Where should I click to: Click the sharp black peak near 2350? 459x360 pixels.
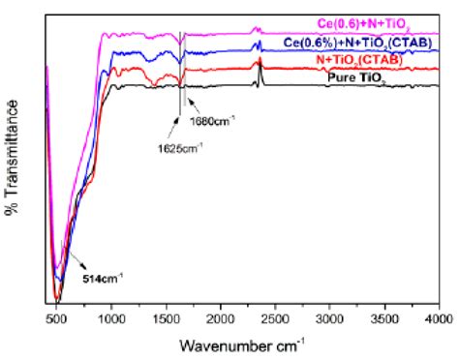[x=260, y=64]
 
